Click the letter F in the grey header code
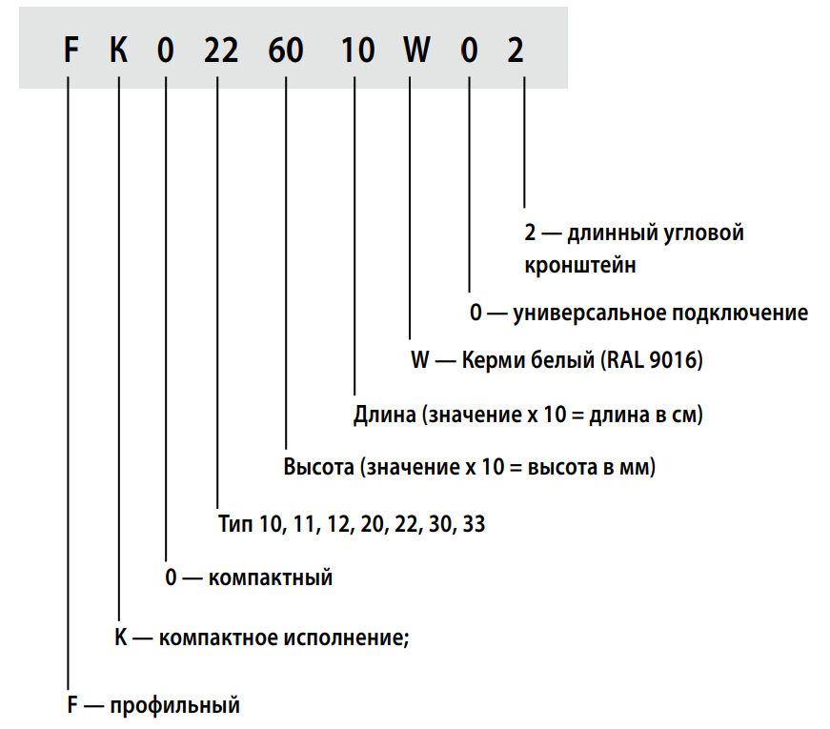tap(70, 51)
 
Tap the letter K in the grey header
tap(118, 51)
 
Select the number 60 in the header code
tap(285, 51)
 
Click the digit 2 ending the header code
tap(516, 51)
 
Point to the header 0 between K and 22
tap(167, 51)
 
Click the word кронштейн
tap(579, 265)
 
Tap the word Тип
tap(234, 523)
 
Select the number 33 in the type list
tap(474, 523)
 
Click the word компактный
tap(270, 577)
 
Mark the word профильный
tap(174, 706)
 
